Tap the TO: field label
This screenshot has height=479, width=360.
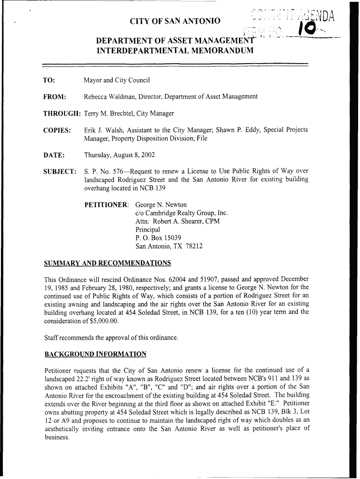pos(50,80)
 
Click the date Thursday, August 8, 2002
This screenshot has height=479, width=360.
pos(119,155)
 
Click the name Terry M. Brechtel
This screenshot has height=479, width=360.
pos(108,114)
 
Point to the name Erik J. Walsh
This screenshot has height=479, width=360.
pos(101,130)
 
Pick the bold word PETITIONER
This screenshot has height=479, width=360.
pos(107,205)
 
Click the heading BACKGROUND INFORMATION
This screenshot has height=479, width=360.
pos(95,354)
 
